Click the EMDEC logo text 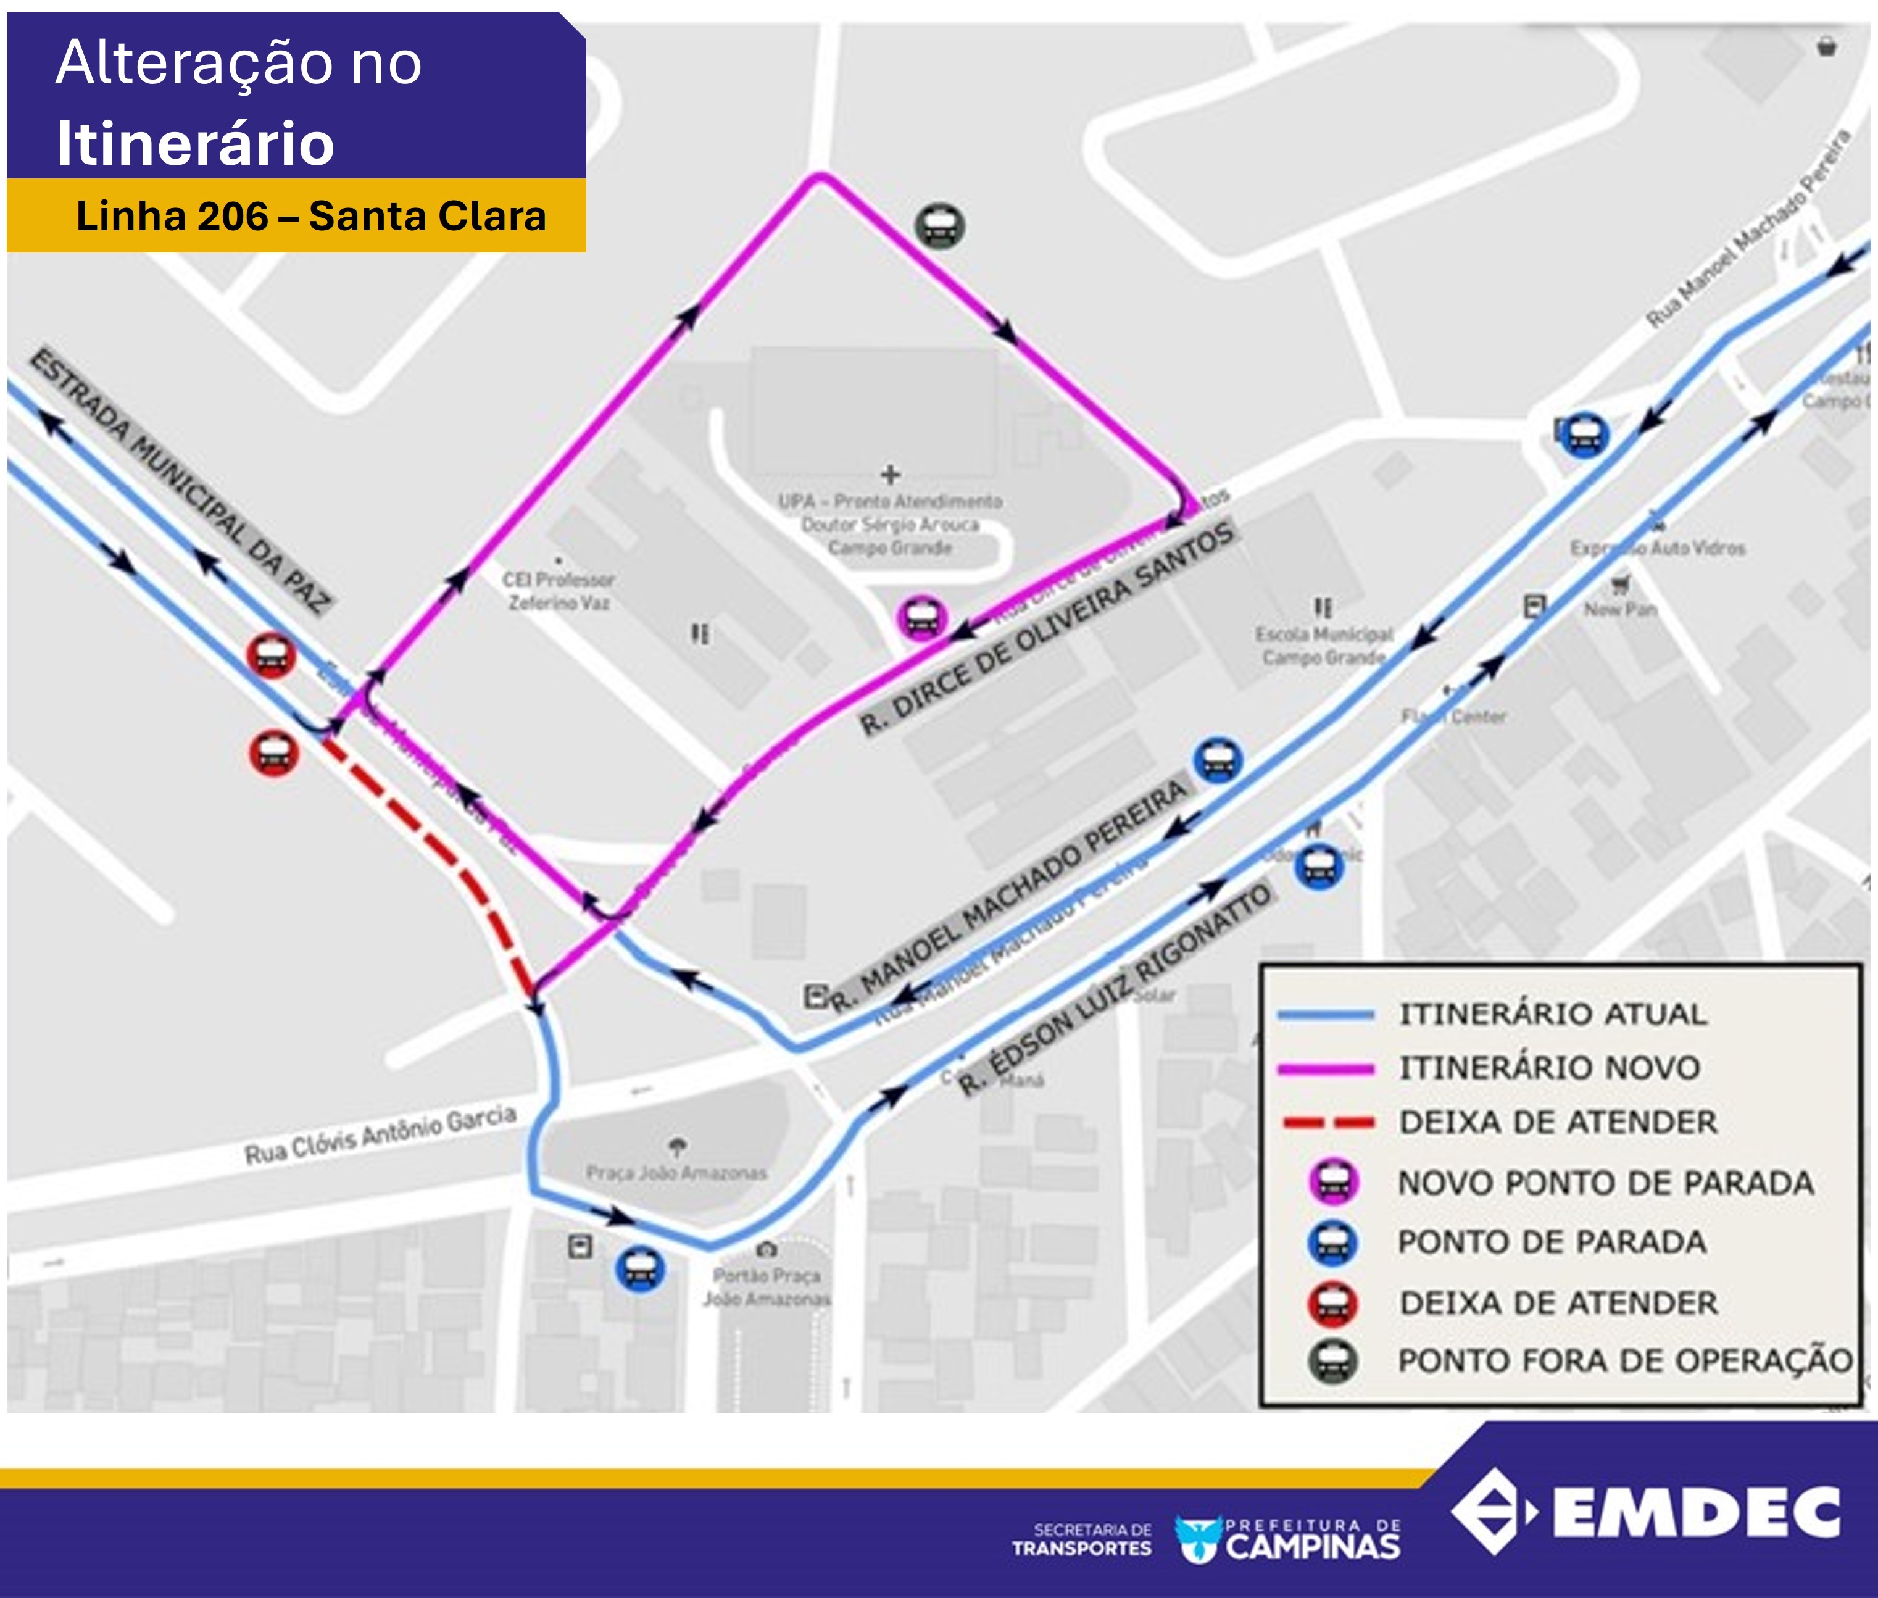(x=1696, y=1512)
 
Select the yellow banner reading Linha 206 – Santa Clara (x=296, y=215)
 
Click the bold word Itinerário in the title (x=195, y=143)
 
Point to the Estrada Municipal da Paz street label (x=181, y=480)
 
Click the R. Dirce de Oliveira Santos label (x=1046, y=630)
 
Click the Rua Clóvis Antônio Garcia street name (x=381, y=1134)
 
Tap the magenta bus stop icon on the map (x=921, y=618)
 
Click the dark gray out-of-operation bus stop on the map (x=939, y=225)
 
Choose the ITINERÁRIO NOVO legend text (x=1549, y=1068)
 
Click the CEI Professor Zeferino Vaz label (x=558, y=591)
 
